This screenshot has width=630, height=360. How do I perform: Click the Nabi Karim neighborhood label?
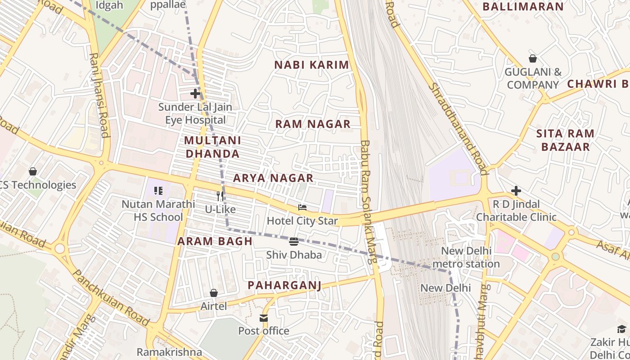pyautogui.click(x=311, y=65)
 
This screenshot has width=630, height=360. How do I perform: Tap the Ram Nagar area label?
pyautogui.click(x=313, y=124)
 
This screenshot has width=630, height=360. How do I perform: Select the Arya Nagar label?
pyautogui.click(x=273, y=178)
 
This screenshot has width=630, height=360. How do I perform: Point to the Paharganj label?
pyautogui.click(x=284, y=285)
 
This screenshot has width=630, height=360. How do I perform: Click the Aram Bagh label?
pyautogui.click(x=215, y=241)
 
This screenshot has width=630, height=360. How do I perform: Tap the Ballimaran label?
pyautogui.click(x=523, y=7)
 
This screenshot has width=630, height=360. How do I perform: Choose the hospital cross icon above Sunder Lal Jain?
pyautogui.click(x=195, y=94)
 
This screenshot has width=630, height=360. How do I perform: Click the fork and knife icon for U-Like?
pyautogui.click(x=220, y=196)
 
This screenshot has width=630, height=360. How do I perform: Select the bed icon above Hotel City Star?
pyautogui.click(x=302, y=207)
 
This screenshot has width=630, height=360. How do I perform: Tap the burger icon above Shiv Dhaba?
pyautogui.click(x=294, y=242)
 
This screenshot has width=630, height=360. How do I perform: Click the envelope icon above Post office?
pyautogui.click(x=264, y=318)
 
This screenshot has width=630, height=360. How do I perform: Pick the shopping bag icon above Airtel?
pyautogui.click(x=214, y=293)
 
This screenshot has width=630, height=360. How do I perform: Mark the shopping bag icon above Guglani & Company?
pyautogui.click(x=533, y=58)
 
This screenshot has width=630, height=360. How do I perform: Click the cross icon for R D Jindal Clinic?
pyautogui.click(x=516, y=191)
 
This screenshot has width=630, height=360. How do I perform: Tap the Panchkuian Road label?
pyautogui.click(x=111, y=298)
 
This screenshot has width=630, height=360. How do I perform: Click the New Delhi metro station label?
pyautogui.click(x=470, y=257)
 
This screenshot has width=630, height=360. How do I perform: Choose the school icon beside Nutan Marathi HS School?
pyautogui.click(x=158, y=191)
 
